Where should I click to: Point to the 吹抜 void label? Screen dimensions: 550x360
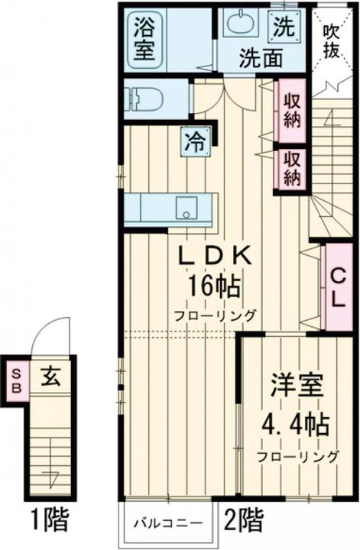(331, 41)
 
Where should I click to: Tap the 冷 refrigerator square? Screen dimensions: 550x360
(196, 141)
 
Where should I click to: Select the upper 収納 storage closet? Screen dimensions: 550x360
(291, 111)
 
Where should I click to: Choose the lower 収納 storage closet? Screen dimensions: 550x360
(291, 169)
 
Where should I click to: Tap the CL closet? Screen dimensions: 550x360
(337, 286)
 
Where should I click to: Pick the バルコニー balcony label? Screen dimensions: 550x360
(169, 523)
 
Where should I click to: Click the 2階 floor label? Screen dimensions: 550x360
(244, 522)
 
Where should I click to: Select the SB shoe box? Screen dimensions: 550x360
(16, 380)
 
